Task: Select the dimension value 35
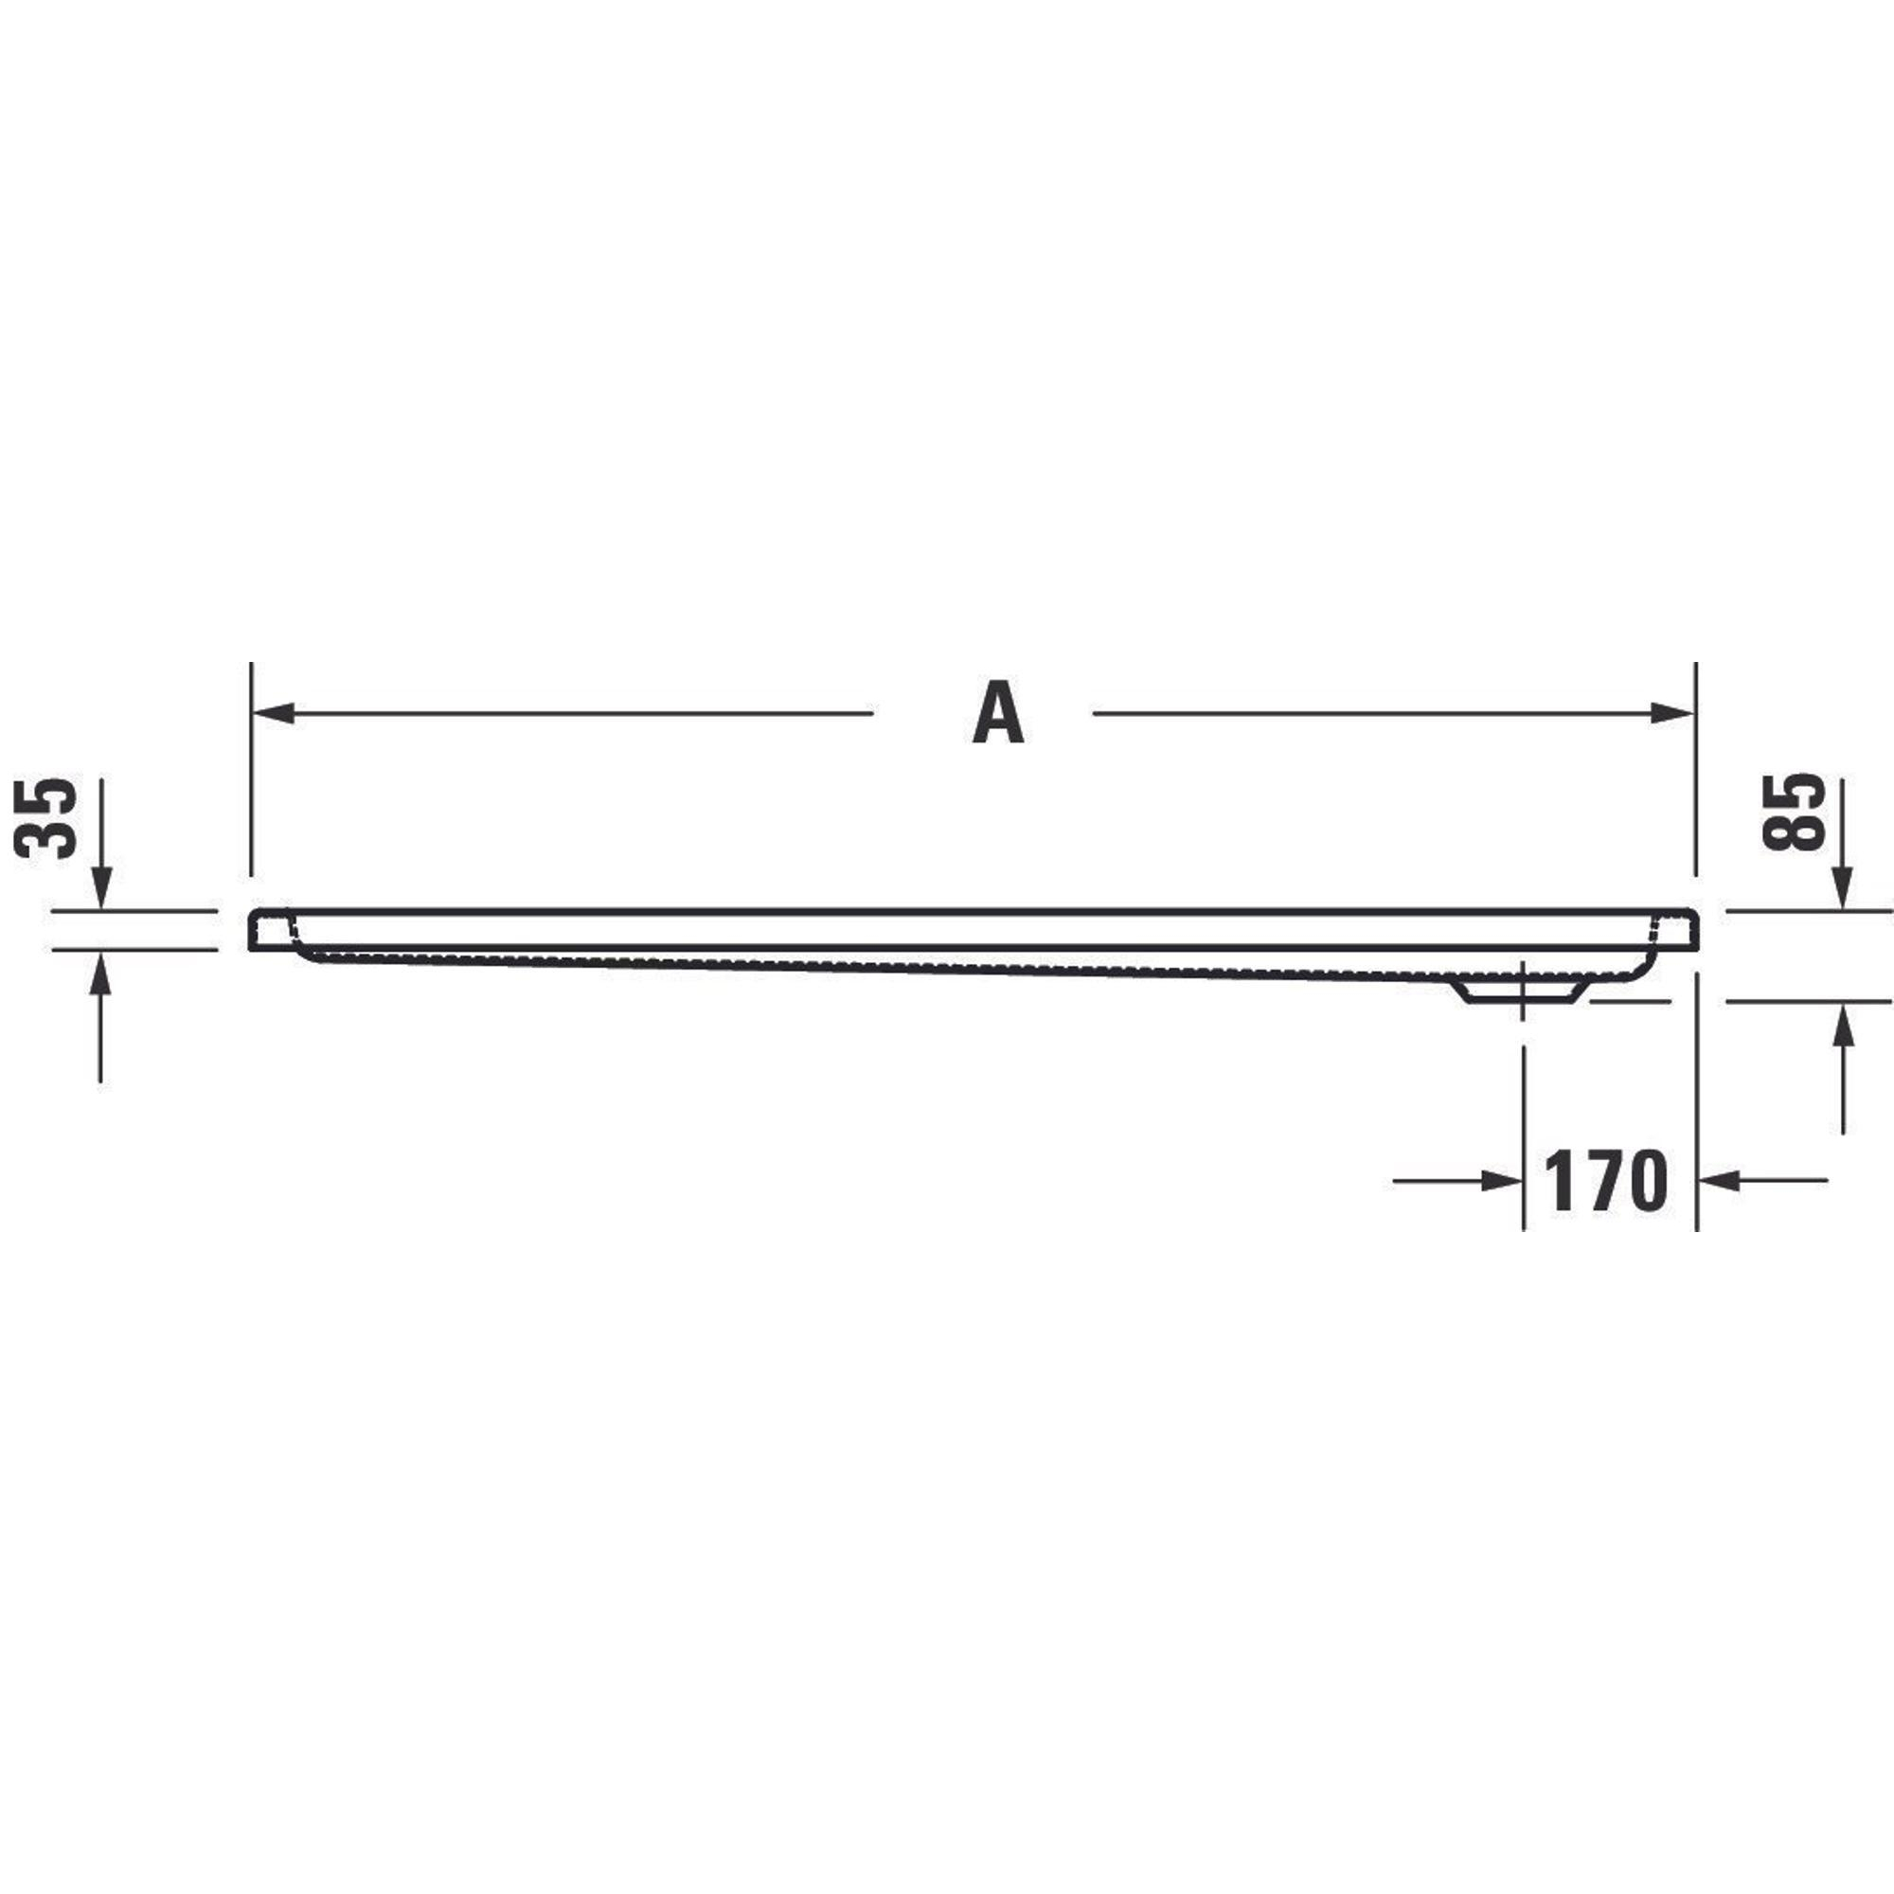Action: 46,818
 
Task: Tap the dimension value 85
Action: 1793,813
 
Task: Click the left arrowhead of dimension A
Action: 274,713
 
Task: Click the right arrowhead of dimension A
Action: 1672,713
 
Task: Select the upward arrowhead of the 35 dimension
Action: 100,972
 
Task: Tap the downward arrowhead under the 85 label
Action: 1843,888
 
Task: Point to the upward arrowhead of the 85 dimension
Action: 1843,1024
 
